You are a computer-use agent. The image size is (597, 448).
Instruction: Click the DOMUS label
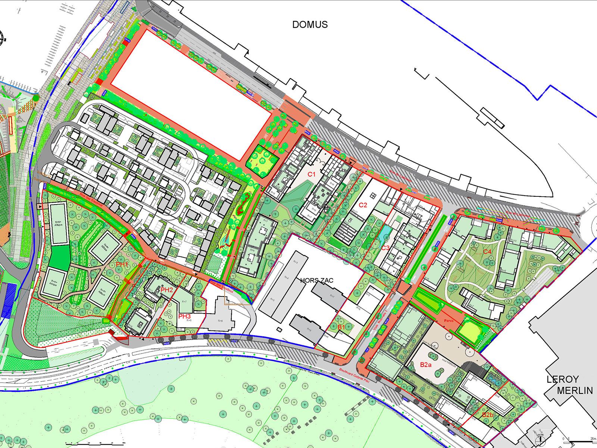click(x=310, y=25)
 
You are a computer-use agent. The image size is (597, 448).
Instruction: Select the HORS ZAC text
click(x=317, y=280)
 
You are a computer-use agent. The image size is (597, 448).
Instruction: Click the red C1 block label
click(x=312, y=174)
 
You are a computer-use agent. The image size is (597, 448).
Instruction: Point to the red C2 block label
click(x=363, y=205)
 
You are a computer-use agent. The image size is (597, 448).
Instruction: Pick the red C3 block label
click(x=385, y=248)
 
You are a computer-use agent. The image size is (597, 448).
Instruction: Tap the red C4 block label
click(x=487, y=252)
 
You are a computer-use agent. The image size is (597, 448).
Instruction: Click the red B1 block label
click(x=341, y=327)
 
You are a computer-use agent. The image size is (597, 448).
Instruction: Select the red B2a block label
click(x=425, y=364)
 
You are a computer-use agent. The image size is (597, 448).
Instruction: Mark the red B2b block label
click(x=488, y=415)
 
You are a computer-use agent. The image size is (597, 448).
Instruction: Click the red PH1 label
click(x=122, y=264)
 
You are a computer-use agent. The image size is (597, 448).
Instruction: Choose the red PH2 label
click(x=167, y=290)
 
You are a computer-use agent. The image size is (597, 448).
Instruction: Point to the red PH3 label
click(x=184, y=316)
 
